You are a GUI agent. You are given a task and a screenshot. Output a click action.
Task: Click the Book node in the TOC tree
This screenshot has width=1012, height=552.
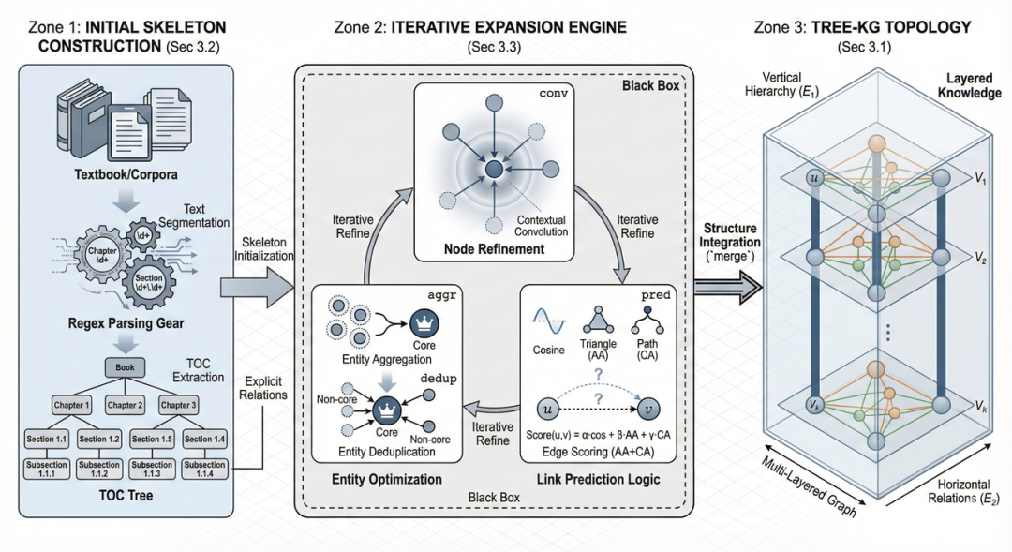126,369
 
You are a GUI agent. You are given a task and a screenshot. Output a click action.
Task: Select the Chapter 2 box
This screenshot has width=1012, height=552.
125,405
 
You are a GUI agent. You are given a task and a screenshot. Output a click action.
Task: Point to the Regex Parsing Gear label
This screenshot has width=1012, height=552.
125,324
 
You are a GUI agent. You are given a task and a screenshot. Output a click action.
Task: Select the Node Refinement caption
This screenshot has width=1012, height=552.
495,249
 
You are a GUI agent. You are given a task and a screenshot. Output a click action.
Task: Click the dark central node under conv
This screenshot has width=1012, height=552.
493,170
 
